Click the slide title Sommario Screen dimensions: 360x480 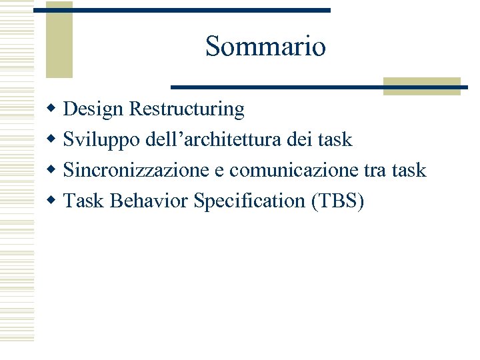(265, 47)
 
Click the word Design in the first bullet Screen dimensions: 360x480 (94, 108)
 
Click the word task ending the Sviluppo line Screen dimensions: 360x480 (335, 139)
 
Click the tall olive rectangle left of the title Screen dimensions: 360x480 (59, 40)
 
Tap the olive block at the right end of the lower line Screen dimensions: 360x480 (421, 86)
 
